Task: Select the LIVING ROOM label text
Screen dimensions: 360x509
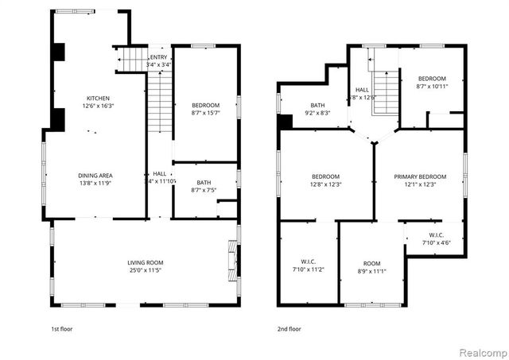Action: [x=146, y=262]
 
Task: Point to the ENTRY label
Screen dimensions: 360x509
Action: [x=158, y=58]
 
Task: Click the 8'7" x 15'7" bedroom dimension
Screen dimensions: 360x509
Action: [x=206, y=114]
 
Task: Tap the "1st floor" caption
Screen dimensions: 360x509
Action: [x=63, y=328]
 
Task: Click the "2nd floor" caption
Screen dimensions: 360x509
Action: [x=289, y=328]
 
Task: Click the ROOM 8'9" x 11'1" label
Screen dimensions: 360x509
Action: [x=372, y=267]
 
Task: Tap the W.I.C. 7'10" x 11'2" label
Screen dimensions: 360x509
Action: [x=307, y=267]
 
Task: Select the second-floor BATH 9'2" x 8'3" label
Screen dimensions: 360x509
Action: [x=318, y=109]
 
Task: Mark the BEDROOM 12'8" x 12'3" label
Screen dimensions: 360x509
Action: [x=326, y=180]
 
